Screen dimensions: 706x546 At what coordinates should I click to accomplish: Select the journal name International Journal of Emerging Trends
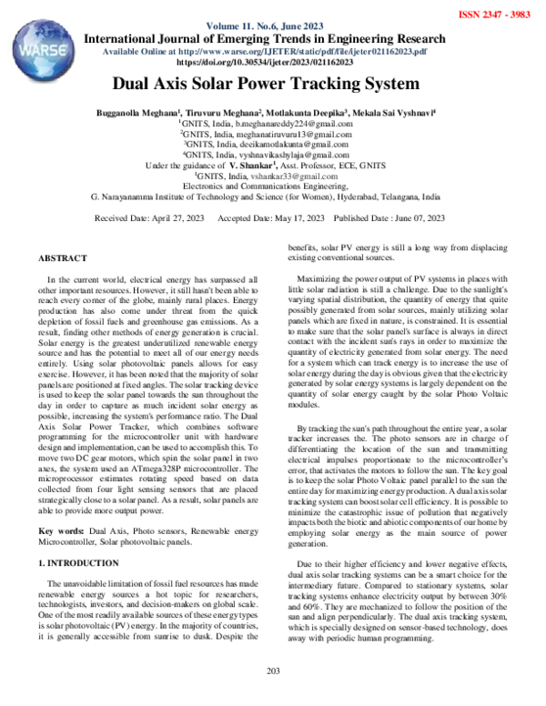pos(265,39)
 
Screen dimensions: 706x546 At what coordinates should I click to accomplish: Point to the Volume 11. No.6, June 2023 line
pos(265,27)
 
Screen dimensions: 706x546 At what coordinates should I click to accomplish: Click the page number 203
pos(272,696)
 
